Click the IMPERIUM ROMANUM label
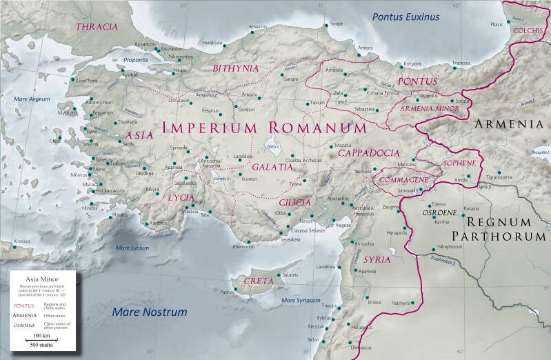(x=264, y=128)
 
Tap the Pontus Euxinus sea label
(x=405, y=17)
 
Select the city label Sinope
(x=336, y=24)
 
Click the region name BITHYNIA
(x=236, y=68)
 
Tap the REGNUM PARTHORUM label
(x=506, y=229)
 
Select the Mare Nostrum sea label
(x=150, y=312)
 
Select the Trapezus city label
(x=461, y=63)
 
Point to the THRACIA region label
(x=98, y=27)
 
